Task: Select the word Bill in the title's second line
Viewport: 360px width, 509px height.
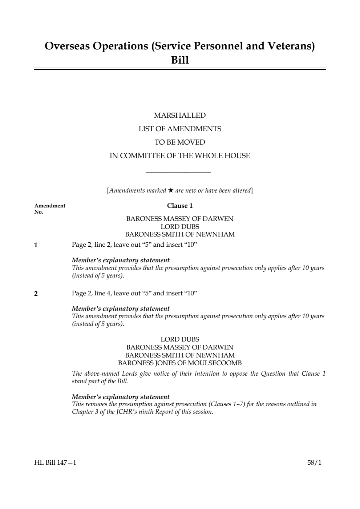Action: pyautogui.click(x=180, y=60)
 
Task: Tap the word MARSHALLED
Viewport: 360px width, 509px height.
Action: pyautogui.click(x=180, y=116)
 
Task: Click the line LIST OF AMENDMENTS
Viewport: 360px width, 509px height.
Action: pyautogui.click(x=180, y=129)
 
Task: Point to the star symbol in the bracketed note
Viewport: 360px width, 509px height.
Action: pyautogui.click(x=170, y=190)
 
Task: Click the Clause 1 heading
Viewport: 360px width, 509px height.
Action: pyautogui.click(x=180, y=206)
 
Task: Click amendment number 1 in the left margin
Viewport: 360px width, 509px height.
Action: pyautogui.click(x=36, y=245)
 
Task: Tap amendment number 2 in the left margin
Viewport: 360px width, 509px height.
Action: pyautogui.click(x=36, y=294)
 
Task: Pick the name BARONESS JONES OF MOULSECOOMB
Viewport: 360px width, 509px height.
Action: pyautogui.click(x=180, y=363)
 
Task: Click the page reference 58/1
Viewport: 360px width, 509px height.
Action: pyautogui.click(x=314, y=463)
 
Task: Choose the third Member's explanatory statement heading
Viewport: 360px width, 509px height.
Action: pyautogui.click(x=121, y=397)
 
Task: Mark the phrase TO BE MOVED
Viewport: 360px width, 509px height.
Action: pyautogui.click(x=180, y=142)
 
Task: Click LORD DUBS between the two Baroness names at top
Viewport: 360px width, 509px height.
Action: pyautogui.click(x=180, y=227)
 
